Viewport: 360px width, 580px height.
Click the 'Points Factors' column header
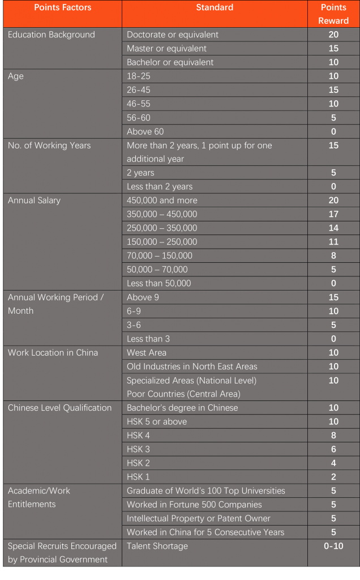(62, 8)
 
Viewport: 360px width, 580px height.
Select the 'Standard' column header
(215, 8)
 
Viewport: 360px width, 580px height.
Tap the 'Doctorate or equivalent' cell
(173, 35)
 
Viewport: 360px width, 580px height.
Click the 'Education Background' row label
(52, 35)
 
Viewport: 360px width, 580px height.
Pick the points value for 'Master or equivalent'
(333, 49)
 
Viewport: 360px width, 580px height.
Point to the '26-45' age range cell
(139, 90)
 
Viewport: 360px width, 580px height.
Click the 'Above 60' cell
(145, 131)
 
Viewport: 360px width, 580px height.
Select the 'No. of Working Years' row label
(49, 146)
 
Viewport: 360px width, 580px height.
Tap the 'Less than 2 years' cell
(160, 186)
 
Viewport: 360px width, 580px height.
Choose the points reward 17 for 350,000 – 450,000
(333, 214)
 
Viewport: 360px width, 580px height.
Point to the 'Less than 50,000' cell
(159, 283)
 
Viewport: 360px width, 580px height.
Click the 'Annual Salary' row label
(34, 201)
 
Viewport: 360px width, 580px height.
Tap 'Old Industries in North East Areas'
(192, 366)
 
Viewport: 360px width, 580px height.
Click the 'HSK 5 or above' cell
(157, 421)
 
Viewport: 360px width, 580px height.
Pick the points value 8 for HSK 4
(333, 436)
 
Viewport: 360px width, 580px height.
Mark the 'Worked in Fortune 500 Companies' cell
(194, 505)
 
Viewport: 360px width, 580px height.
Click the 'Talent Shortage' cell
(157, 546)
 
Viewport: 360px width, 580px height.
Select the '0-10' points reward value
(333, 546)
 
